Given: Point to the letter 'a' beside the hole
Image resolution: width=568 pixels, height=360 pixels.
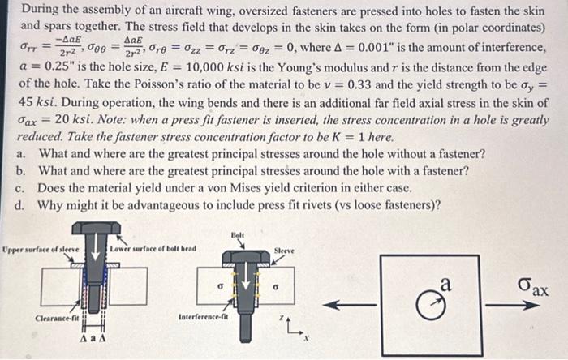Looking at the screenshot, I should (443, 285).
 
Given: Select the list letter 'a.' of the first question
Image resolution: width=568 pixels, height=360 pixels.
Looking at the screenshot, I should (20, 153).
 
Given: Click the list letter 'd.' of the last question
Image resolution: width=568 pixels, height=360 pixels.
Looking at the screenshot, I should (20, 204).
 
